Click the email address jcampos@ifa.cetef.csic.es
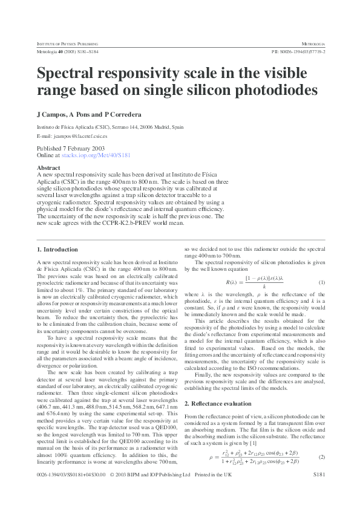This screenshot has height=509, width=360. click(x=80, y=137)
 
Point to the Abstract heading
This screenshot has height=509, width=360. click(x=49, y=167)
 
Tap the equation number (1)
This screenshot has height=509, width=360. click(x=322, y=282)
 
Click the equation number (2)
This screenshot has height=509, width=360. click(x=322, y=439)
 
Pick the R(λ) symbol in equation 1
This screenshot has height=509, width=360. click(x=231, y=282)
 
